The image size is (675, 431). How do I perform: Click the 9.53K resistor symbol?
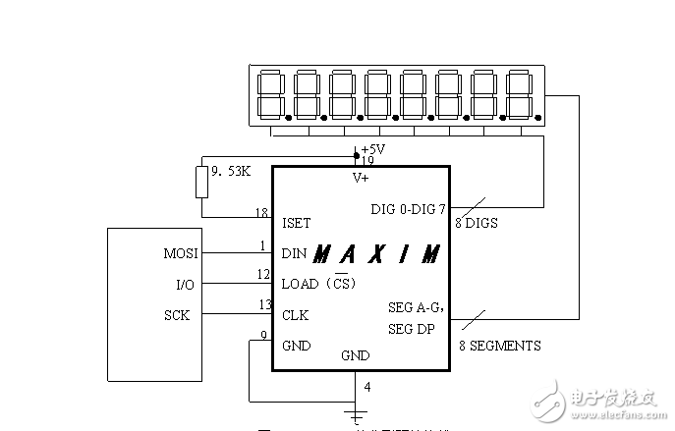(x=202, y=182)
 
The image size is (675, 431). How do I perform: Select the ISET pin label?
(x=297, y=222)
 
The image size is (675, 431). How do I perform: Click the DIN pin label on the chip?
(x=294, y=253)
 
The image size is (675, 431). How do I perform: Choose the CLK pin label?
(x=295, y=315)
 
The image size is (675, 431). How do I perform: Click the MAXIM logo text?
(x=376, y=254)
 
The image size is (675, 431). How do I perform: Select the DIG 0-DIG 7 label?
(x=408, y=210)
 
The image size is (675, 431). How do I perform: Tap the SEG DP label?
(x=411, y=329)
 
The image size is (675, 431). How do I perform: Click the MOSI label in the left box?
(x=180, y=253)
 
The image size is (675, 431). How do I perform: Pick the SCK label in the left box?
(x=177, y=315)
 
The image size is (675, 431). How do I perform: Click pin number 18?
(x=261, y=212)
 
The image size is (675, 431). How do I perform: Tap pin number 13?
(x=264, y=305)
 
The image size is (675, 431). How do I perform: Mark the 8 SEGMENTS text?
(x=499, y=346)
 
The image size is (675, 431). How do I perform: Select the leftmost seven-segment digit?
(x=270, y=94)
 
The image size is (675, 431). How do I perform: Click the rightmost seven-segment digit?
(x=518, y=94)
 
